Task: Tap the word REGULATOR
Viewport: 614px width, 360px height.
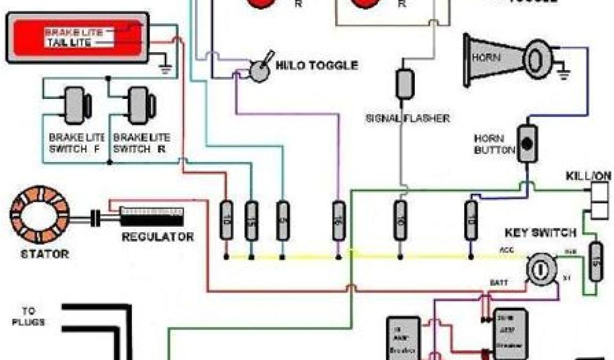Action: [x=158, y=236]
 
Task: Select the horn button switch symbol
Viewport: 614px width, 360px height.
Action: [x=527, y=144]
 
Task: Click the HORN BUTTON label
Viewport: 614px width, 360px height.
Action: [x=495, y=144]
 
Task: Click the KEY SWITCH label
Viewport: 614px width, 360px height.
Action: [x=540, y=232]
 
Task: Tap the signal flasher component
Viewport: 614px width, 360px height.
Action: [x=404, y=84]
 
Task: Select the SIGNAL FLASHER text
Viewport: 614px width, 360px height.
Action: [x=407, y=118]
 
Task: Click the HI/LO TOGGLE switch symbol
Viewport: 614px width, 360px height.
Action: [x=260, y=71]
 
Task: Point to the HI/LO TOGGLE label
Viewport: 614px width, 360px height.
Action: [x=317, y=65]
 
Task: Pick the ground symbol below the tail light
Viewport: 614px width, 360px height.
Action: [x=166, y=67]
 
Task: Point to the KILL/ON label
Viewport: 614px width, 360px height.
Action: [x=588, y=176]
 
